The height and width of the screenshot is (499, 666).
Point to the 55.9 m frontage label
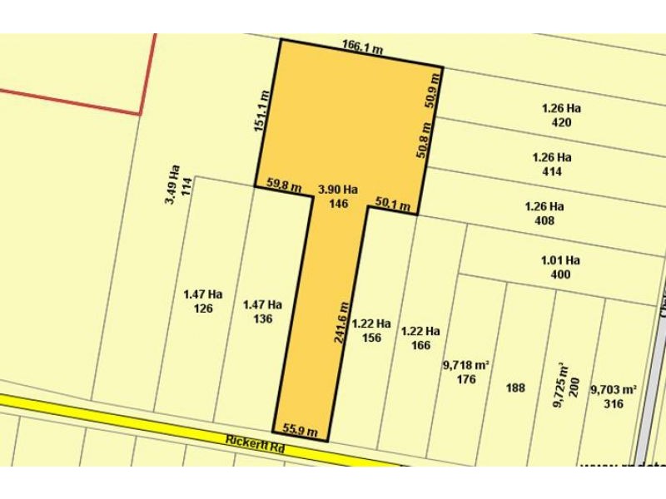tap(301, 429)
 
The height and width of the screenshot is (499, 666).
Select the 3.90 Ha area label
tap(337, 190)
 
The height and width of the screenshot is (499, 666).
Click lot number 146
tap(337, 203)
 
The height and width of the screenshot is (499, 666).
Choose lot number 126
tap(203, 309)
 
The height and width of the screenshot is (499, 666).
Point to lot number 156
tap(371, 338)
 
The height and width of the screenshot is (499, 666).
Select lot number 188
tap(515, 388)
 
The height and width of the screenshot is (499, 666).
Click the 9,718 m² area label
tap(466, 365)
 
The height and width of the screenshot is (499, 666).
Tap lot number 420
tap(561, 121)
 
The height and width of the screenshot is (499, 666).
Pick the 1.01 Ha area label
tap(560, 260)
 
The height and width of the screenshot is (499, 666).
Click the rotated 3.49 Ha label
tap(172, 185)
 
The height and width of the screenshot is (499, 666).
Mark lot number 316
tap(614, 404)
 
